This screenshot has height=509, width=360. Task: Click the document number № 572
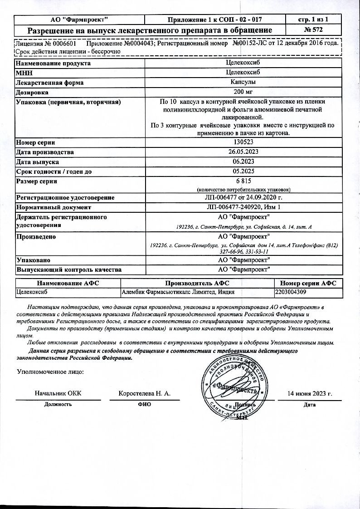tap(314, 30)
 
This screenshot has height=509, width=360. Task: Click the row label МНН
tap(24, 73)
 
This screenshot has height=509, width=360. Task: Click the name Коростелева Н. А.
tap(145, 394)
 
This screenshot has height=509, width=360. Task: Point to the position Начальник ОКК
tap(58, 394)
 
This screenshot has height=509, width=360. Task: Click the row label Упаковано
tap(33, 260)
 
